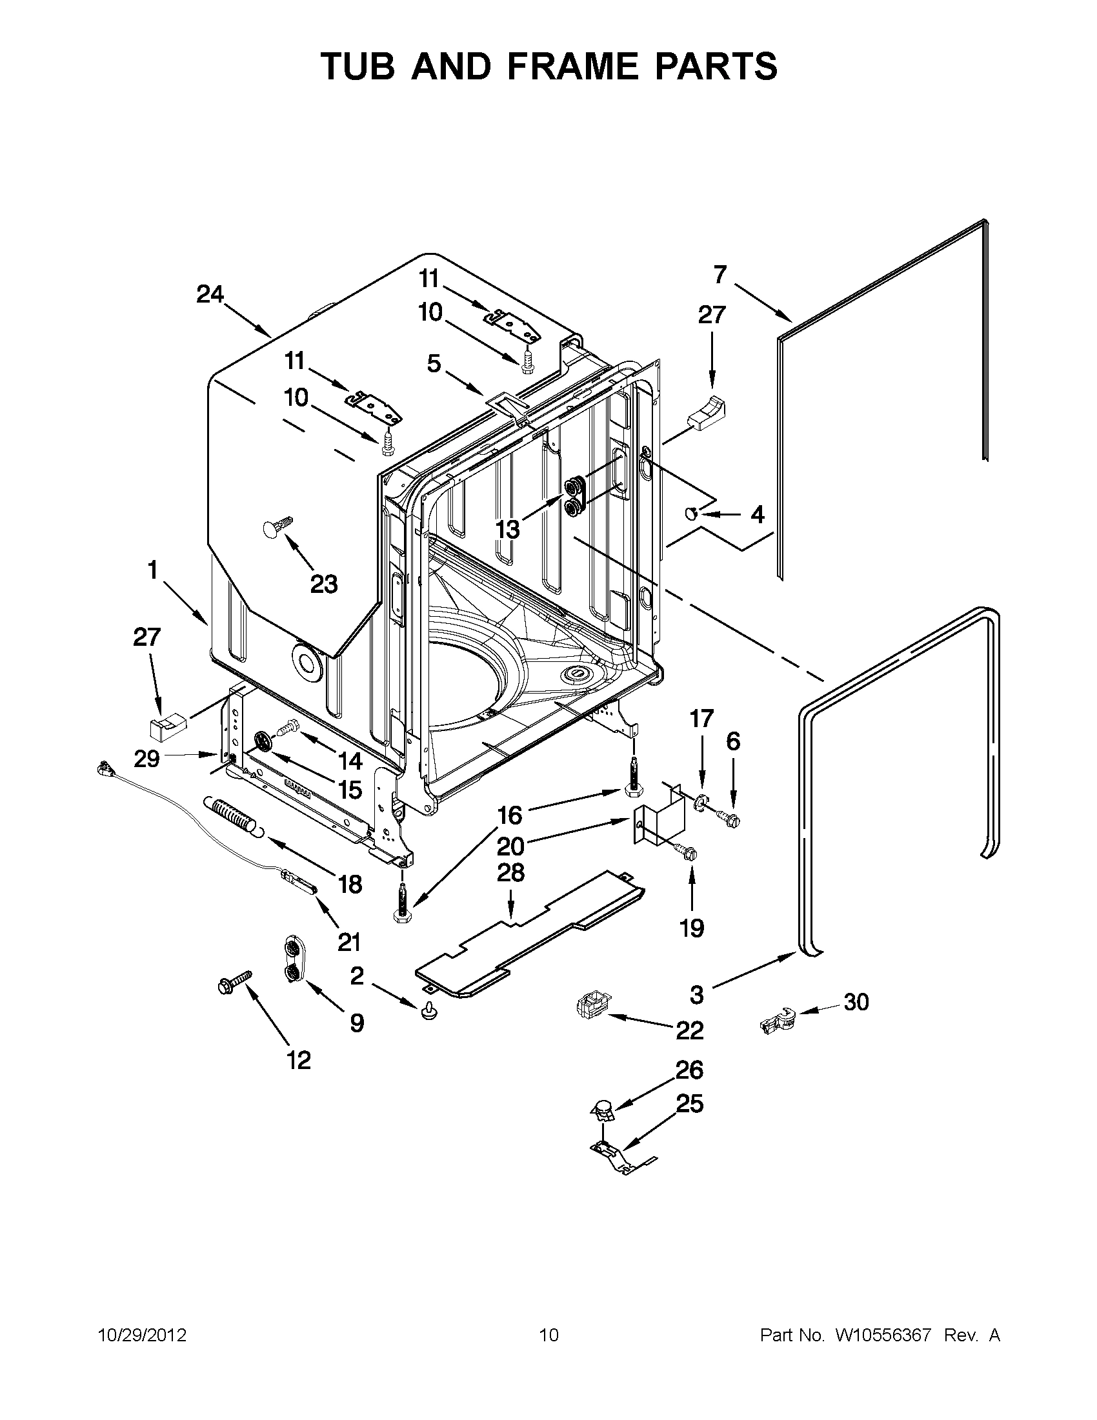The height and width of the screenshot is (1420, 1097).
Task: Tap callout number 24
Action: (210, 295)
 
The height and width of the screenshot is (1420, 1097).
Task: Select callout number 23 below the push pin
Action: (324, 585)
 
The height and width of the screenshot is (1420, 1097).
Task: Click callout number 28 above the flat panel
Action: (510, 873)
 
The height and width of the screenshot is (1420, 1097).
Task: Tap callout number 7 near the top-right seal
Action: (720, 275)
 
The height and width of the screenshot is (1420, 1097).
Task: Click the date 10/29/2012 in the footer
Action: (142, 1335)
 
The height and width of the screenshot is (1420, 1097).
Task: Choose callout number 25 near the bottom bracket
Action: (690, 1103)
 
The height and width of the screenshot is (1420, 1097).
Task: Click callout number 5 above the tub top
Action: (434, 363)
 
